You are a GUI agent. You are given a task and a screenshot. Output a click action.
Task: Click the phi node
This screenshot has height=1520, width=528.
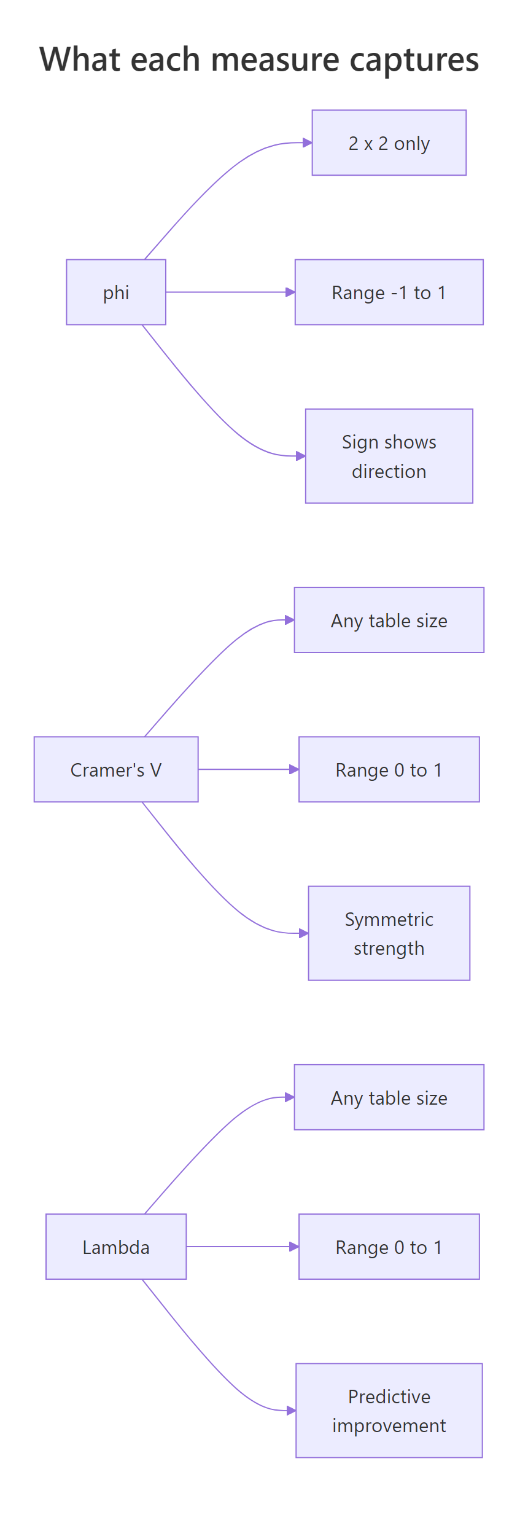point(116,292)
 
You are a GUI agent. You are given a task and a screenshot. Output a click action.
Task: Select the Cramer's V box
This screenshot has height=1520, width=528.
point(116,769)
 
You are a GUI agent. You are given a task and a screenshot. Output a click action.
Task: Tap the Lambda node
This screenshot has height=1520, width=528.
point(116,1247)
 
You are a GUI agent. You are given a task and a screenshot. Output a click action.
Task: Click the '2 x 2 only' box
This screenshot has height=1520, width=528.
point(389,143)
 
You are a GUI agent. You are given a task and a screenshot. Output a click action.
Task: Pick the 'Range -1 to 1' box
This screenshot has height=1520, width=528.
point(389,292)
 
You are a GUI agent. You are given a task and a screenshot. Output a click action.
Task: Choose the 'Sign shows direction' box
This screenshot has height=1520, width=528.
point(389,456)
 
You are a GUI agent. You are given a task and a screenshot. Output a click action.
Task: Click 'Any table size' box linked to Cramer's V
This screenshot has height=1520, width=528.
point(389,620)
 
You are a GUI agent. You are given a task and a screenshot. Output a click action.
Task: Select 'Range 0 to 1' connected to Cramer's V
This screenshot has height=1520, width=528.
point(389,769)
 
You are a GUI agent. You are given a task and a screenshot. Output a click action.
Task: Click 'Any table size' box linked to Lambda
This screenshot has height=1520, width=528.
point(389,1097)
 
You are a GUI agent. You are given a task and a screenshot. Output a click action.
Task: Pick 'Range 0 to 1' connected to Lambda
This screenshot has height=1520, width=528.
point(389,1247)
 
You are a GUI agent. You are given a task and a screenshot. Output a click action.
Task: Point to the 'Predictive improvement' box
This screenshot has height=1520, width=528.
point(389,1410)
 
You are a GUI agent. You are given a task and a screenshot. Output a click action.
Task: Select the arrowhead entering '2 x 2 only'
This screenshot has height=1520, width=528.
point(308,143)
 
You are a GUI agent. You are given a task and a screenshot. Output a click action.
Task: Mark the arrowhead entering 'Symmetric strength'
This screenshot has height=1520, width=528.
point(304,933)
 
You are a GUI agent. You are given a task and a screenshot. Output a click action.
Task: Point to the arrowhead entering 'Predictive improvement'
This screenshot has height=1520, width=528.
point(292,1410)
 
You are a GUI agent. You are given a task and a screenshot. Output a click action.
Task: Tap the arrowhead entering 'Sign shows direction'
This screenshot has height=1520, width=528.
point(301,456)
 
